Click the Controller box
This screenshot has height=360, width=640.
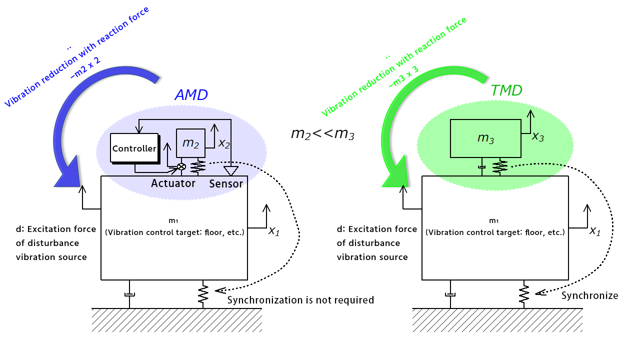tap(134, 148)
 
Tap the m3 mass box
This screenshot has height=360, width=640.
tap(485, 138)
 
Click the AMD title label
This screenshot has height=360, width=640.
tap(191, 95)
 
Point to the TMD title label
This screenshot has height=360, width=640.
tap(506, 90)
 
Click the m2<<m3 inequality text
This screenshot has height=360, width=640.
tap(322, 133)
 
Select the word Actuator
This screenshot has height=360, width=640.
tap(173, 183)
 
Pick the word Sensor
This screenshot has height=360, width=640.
tap(226, 183)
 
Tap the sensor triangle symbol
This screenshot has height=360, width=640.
tap(230, 171)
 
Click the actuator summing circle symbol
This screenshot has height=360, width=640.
tap(182, 167)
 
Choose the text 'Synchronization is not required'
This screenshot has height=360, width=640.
tap(300, 300)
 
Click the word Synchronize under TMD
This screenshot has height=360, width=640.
tap(589, 295)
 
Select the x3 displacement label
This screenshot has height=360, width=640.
tap(537, 137)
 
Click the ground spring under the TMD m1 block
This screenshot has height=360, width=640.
tap(524, 294)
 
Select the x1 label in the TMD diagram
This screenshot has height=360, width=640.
tap(594, 231)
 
